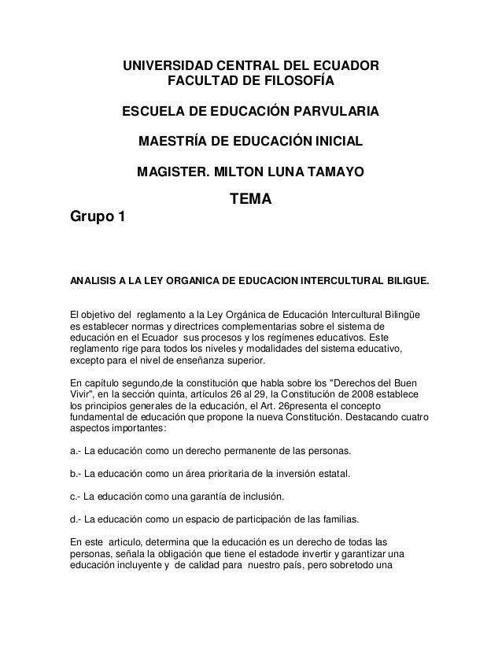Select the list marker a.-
point(76,451)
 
